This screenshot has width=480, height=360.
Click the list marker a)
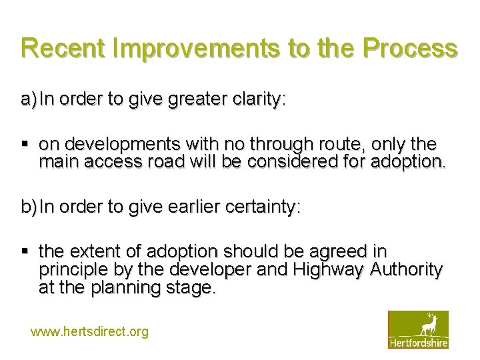click(x=29, y=100)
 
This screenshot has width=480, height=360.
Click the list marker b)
click(x=29, y=207)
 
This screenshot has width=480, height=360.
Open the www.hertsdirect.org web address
click(x=90, y=331)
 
